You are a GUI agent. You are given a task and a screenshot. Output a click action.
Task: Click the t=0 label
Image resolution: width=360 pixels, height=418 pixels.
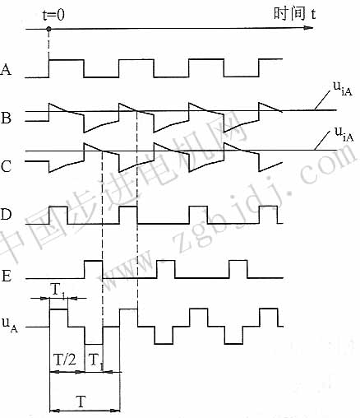[53, 15]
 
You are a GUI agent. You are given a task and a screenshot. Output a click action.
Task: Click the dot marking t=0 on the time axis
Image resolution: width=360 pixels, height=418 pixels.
[48, 29]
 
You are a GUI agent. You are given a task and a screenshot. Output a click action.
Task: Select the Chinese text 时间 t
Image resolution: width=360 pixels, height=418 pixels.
[294, 13]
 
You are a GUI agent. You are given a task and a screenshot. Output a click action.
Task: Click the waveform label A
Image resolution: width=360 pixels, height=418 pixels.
[6, 69]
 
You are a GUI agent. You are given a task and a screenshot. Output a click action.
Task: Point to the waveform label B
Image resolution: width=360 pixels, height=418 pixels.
[6, 118]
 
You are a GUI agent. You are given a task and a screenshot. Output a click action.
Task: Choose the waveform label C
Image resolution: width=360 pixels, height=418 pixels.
[6, 166]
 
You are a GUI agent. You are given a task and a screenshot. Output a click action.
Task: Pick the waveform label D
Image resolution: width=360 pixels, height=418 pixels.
[6, 214]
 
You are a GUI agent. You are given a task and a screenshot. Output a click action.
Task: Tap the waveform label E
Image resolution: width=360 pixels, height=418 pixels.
[6, 276]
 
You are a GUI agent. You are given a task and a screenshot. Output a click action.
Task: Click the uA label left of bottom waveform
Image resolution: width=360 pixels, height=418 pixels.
[10, 324]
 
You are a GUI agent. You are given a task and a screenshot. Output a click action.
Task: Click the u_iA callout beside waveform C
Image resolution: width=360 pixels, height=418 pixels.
[344, 134]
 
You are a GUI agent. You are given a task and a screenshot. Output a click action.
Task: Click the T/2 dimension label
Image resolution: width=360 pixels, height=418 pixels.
[65, 360]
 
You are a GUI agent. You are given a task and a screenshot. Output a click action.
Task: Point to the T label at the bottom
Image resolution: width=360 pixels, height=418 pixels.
[81, 402]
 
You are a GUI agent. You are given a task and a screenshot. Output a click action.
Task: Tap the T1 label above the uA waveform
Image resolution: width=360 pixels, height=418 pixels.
[58, 290]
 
